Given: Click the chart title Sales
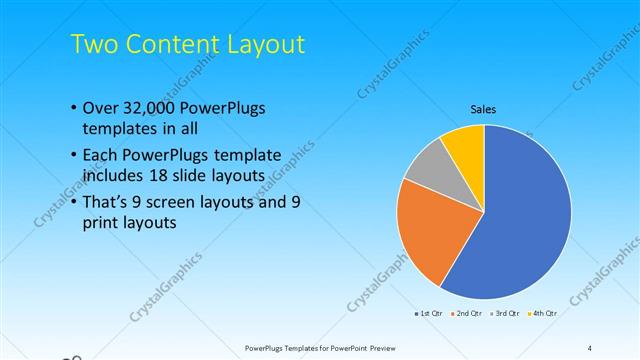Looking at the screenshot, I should [x=483, y=110].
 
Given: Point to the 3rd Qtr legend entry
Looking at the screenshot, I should [x=505, y=313].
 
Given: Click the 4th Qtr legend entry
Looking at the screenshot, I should [x=542, y=313].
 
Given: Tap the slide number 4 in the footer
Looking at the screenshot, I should [x=589, y=348].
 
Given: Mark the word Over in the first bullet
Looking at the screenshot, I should [x=101, y=107].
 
